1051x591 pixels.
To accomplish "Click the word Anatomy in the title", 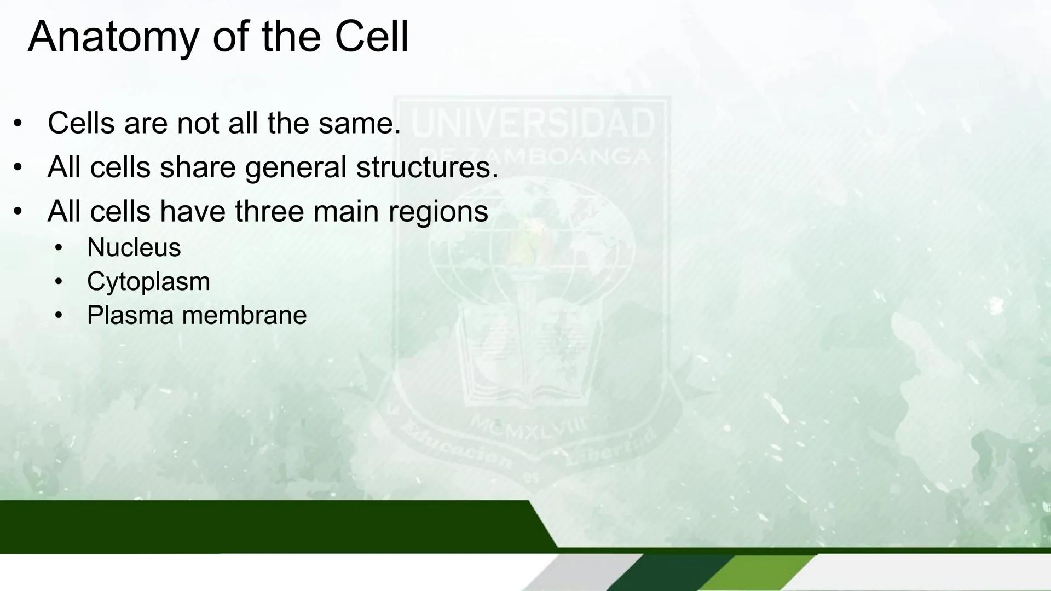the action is (x=113, y=37).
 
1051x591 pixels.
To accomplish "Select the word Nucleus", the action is (x=134, y=247).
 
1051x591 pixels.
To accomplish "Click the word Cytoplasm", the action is (x=148, y=282).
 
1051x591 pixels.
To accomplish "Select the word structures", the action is (x=428, y=167).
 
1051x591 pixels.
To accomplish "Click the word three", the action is (x=269, y=211).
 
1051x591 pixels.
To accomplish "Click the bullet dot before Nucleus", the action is (x=59, y=248).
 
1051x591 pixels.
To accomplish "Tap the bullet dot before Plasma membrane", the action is (x=59, y=315).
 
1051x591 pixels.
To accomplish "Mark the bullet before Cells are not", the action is (x=18, y=123).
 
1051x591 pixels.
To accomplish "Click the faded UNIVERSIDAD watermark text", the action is (x=533, y=123).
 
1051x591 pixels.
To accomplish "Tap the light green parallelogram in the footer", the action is (x=757, y=573).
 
